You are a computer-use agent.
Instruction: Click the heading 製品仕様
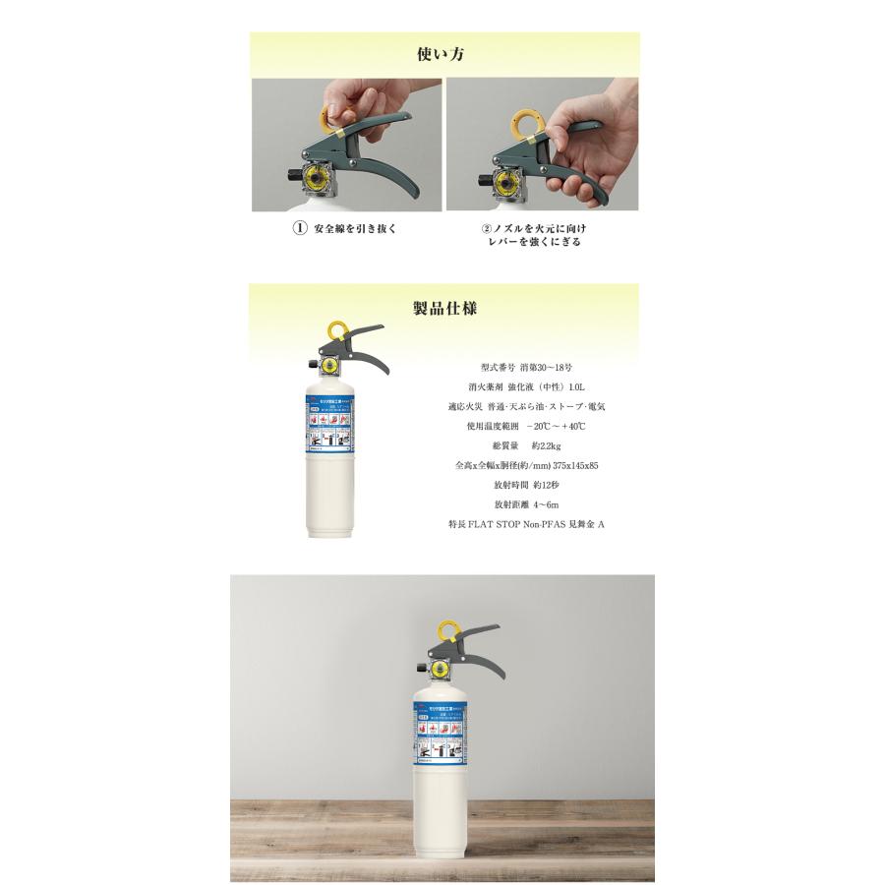(x=444, y=308)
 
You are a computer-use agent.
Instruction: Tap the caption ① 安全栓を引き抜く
(x=345, y=229)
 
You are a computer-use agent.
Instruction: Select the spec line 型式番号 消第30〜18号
(x=526, y=367)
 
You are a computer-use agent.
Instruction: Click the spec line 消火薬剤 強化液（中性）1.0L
(x=526, y=386)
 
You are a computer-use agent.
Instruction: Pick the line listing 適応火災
(x=526, y=406)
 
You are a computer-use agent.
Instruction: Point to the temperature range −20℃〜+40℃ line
(x=526, y=426)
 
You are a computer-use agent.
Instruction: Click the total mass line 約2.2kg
(x=526, y=445)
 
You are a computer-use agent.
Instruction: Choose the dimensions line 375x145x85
(x=526, y=465)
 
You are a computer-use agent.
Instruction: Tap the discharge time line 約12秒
(x=526, y=485)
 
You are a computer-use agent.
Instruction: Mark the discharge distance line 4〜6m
(x=526, y=504)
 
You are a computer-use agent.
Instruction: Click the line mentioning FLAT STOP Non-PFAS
(x=526, y=525)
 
